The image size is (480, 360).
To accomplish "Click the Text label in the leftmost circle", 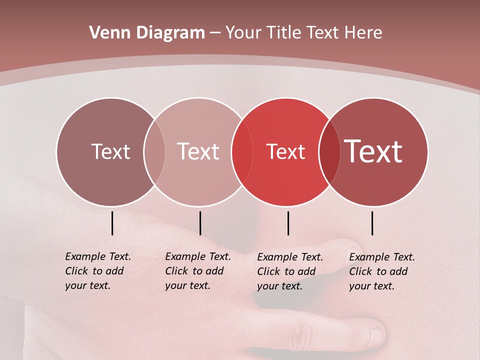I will (x=110, y=151).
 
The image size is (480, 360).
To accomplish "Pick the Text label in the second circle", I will (x=198, y=151).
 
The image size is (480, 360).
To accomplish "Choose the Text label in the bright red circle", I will (x=285, y=151).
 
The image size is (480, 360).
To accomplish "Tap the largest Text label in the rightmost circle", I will (x=373, y=151).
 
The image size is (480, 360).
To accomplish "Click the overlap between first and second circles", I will (x=154, y=152).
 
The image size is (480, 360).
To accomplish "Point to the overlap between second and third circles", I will (x=242, y=152).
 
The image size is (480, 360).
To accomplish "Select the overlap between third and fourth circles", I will (x=329, y=152).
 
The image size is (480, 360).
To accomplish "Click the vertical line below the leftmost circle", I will (x=112, y=223).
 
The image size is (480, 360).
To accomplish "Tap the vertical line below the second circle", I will (x=200, y=223).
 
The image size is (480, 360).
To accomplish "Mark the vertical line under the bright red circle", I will (x=288, y=223).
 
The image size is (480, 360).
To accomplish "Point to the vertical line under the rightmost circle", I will (x=372, y=223).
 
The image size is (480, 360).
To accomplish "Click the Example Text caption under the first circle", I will (x=97, y=271).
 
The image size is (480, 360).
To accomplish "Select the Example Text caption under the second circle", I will (x=197, y=271).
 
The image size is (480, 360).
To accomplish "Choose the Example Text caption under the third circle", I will (x=289, y=271).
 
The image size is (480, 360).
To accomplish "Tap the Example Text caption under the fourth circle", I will (x=381, y=271).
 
